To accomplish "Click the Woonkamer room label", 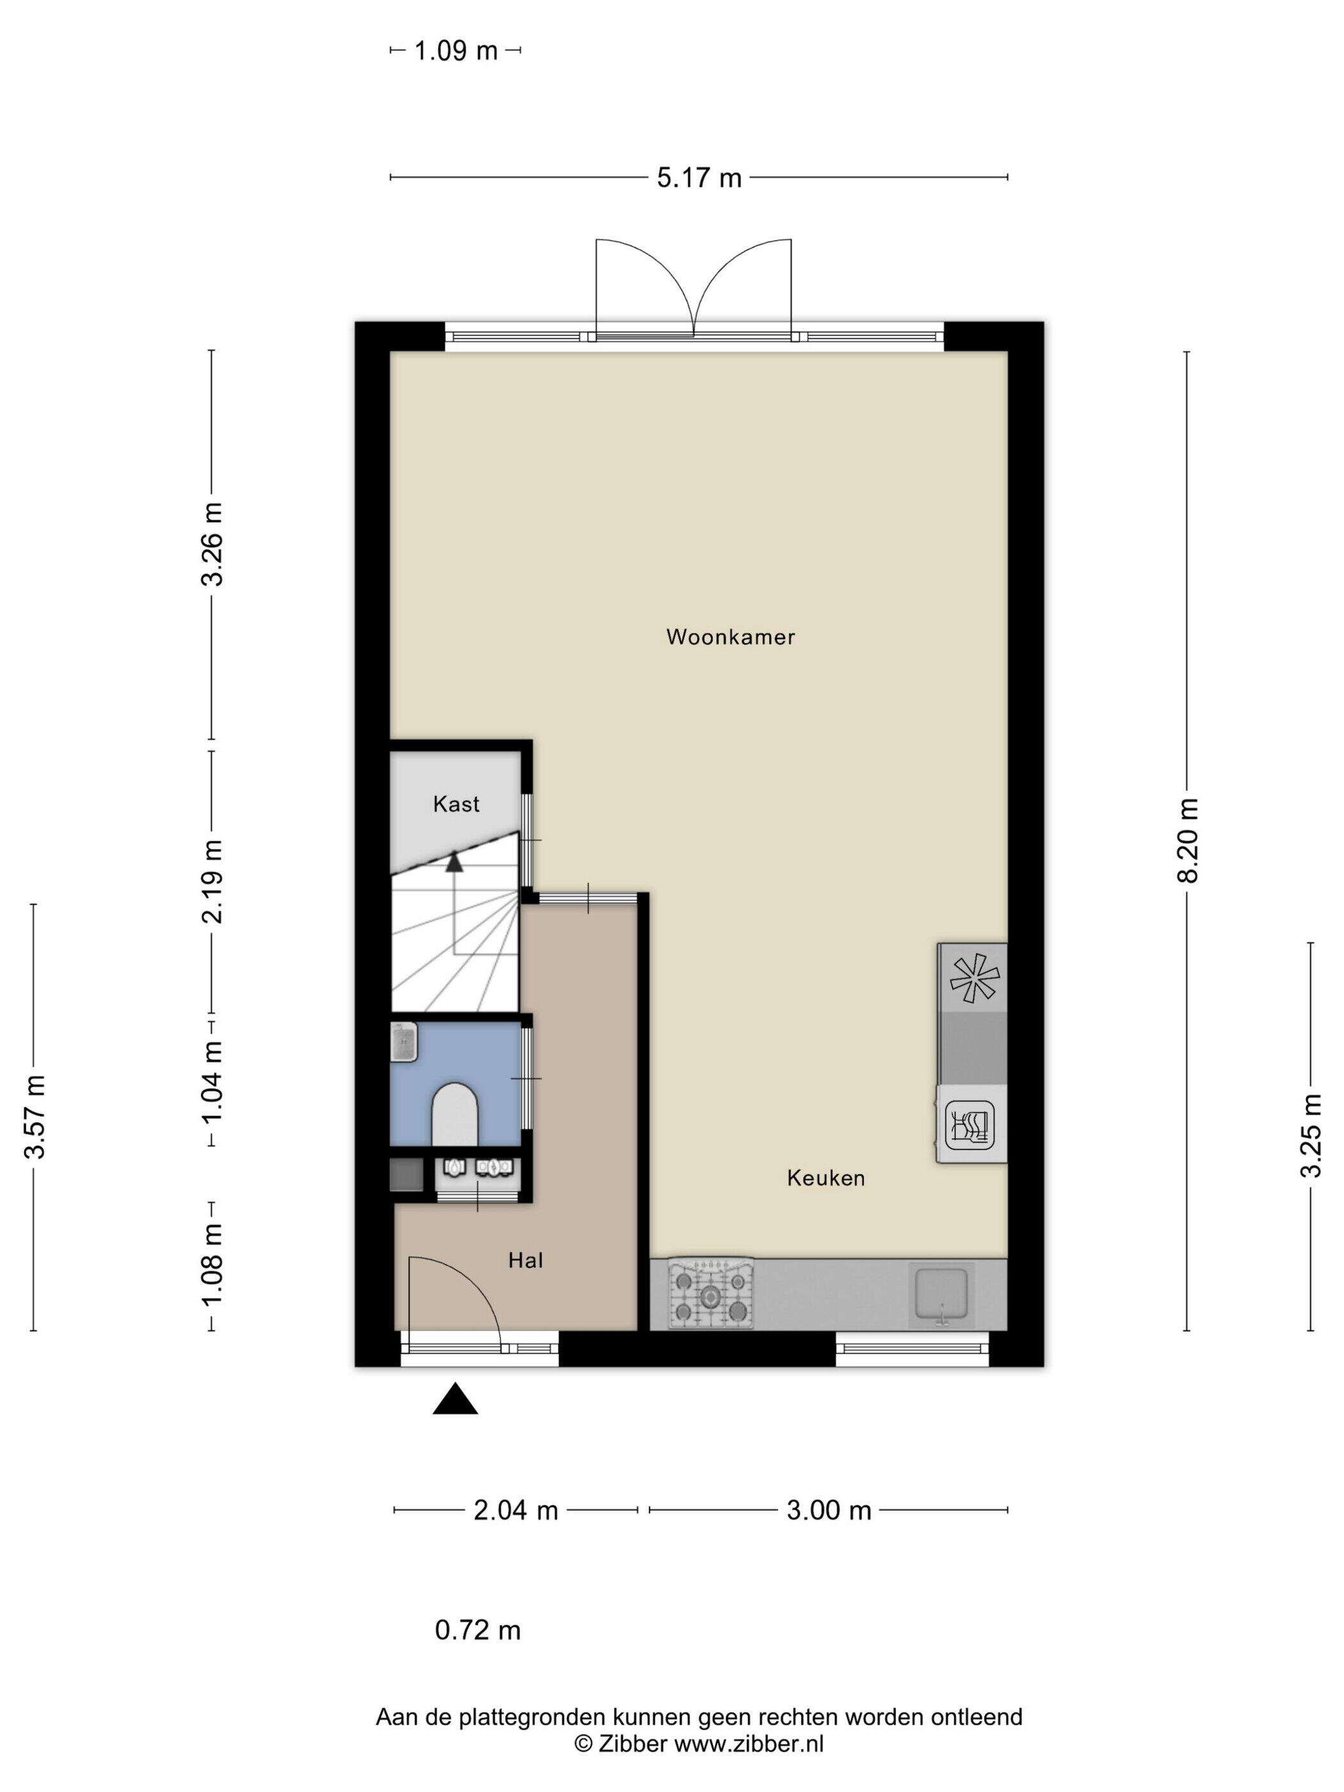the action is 730,637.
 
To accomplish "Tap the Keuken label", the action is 826,1178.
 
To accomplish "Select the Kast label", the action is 456,804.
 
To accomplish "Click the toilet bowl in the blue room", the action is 455,1115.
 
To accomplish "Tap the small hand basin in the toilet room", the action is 403,1042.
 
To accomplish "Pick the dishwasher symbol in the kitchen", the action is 969,1124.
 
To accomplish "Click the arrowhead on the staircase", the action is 454,861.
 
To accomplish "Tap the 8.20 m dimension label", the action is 1188,840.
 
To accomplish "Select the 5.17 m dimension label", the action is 699,177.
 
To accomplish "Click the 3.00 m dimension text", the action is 829,1510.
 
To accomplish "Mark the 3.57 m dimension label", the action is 35,1117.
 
